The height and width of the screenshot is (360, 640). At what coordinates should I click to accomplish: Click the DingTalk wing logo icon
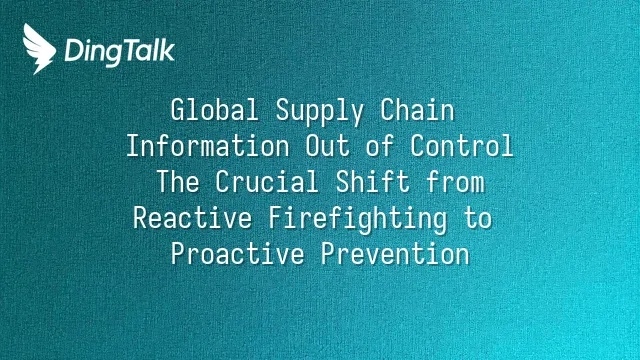(x=39, y=49)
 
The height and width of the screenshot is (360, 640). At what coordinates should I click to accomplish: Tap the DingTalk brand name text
(x=120, y=52)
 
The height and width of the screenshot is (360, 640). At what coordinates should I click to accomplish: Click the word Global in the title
(x=215, y=110)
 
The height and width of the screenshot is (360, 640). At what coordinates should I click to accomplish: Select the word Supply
(x=320, y=112)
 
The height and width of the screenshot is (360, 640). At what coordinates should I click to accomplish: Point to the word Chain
(x=417, y=110)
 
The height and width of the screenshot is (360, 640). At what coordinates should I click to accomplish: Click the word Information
(x=208, y=146)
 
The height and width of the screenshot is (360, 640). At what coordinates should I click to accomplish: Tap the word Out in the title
(x=328, y=146)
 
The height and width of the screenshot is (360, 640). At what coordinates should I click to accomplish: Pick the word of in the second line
(x=380, y=146)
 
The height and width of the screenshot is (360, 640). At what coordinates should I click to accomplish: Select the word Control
(x=462, y=146)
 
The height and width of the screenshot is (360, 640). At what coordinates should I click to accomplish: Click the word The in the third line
(x=178, y=182)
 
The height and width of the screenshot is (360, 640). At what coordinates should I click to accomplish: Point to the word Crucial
(x=267, y=182)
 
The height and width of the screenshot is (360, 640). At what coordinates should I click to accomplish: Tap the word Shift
(x=373, y=182)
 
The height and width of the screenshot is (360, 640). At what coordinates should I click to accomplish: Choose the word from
(x=455, y=182)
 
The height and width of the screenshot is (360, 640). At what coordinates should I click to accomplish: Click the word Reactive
(x=193, y=218)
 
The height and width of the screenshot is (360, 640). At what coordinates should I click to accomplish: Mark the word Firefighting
(x=358, y=220)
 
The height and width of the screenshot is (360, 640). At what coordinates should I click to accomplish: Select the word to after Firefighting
(x=478, y=218)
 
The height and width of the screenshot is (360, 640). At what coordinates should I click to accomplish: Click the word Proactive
(x=238, y=253)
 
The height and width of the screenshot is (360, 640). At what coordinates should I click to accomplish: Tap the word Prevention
(x=395, y=253)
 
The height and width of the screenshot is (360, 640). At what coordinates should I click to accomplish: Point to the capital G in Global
(x=178, y=110)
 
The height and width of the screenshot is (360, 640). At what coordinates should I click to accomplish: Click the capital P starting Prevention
(x=328, y=253)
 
